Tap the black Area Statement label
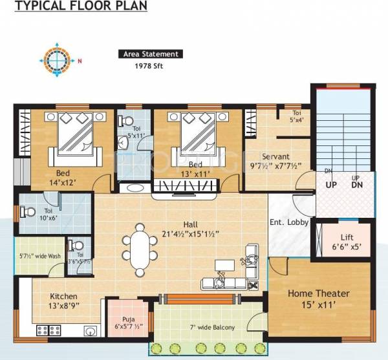(x=150, y=54)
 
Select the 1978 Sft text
(x=149, y=67)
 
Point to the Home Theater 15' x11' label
(x=318, y=299)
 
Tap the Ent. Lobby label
(x=288, y=223)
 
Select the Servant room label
(x=275, y=161)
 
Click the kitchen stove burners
(x=48, y=330)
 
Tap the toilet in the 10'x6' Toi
(x=27, y=211)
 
